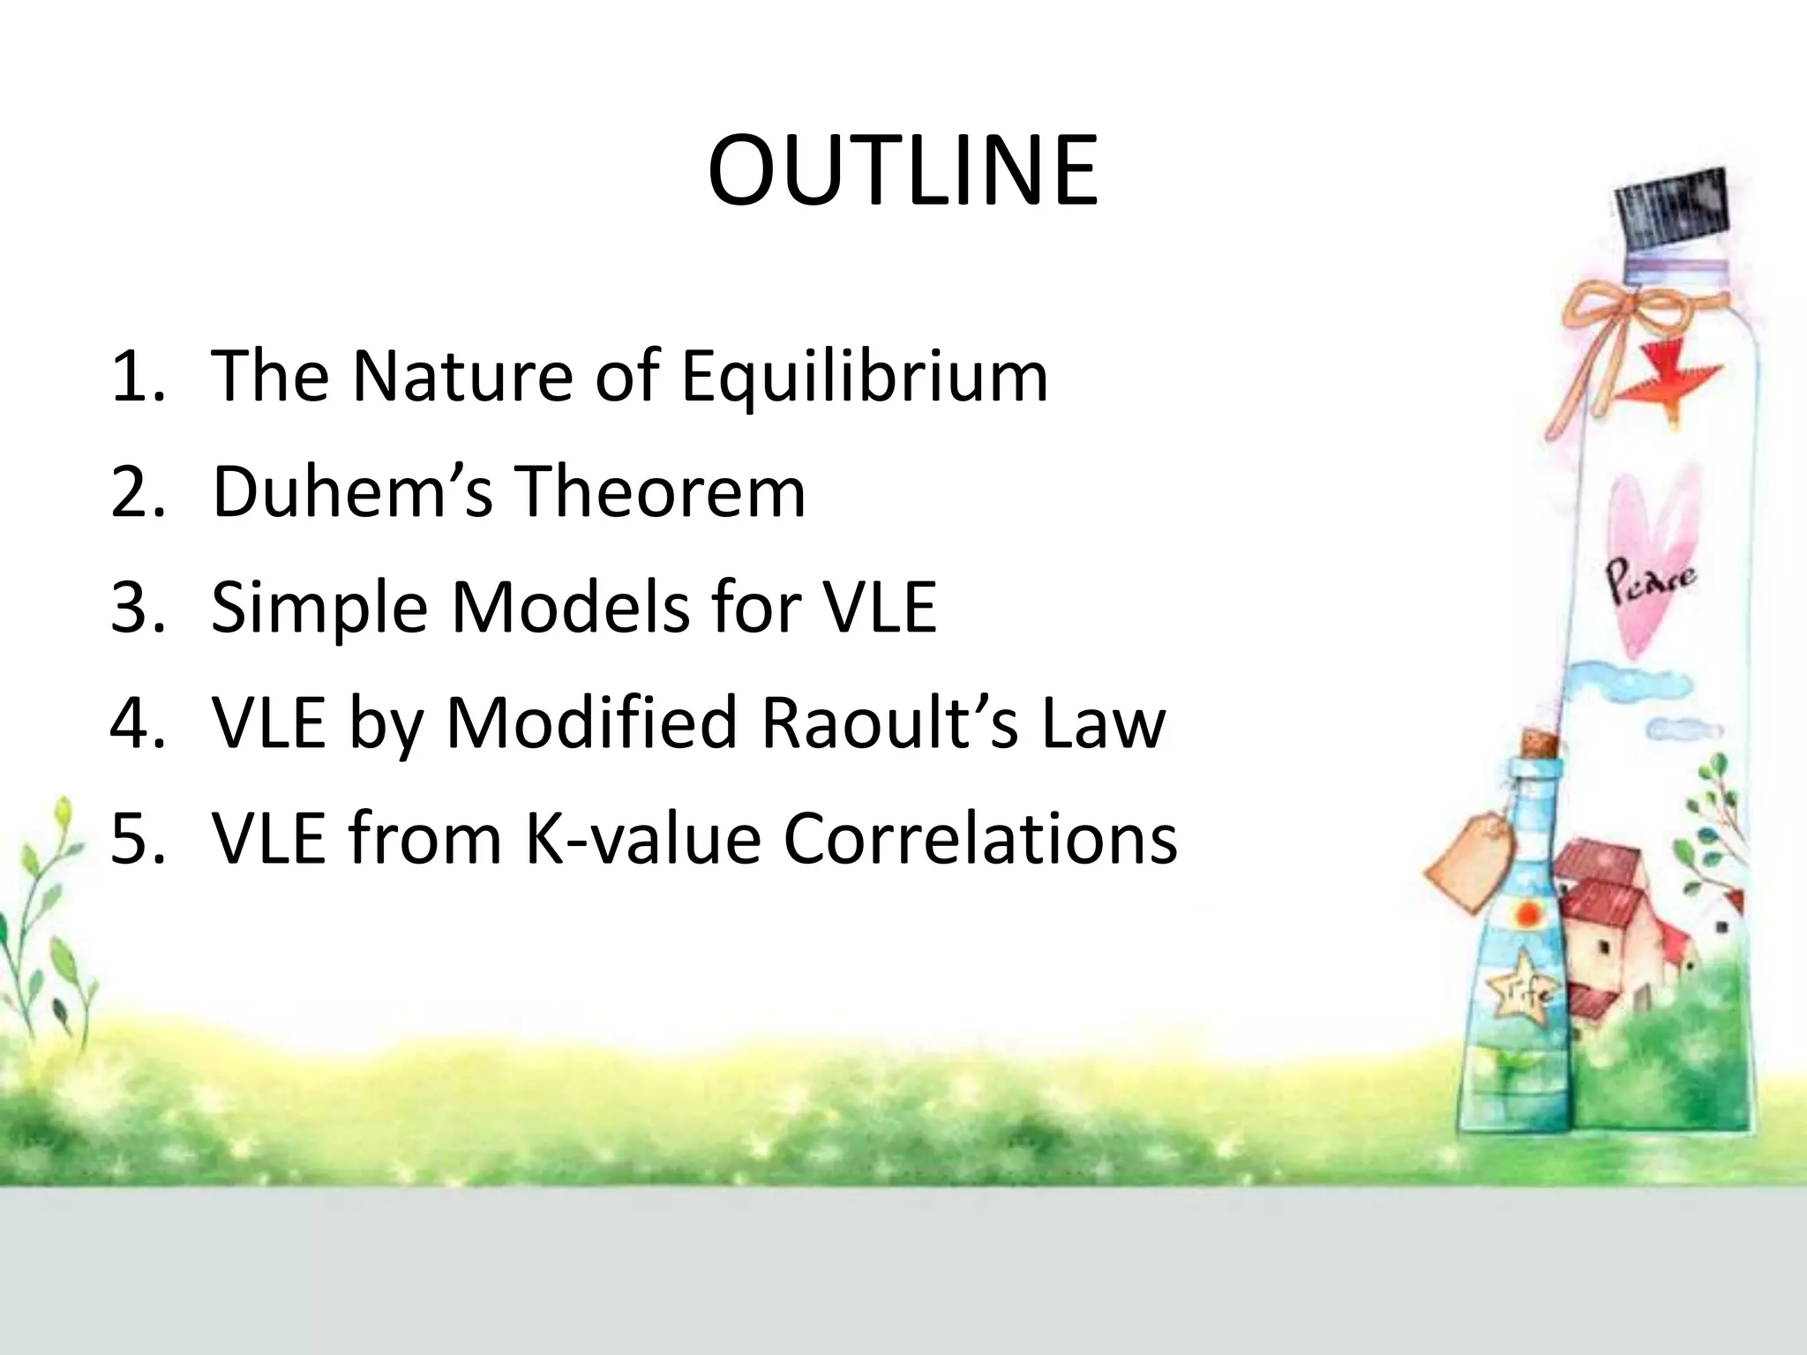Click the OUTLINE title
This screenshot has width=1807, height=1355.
click(x=903, y=171)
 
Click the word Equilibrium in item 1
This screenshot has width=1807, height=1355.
click(x=865, y=378)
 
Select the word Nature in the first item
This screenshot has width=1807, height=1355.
click(x=463, y=377)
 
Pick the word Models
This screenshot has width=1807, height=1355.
click(x=570, y=608)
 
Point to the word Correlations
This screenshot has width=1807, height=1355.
click(x=980, y=838)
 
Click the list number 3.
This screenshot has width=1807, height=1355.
click(x=137, y=608)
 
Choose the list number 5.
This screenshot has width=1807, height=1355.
click(x=137, y=838)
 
